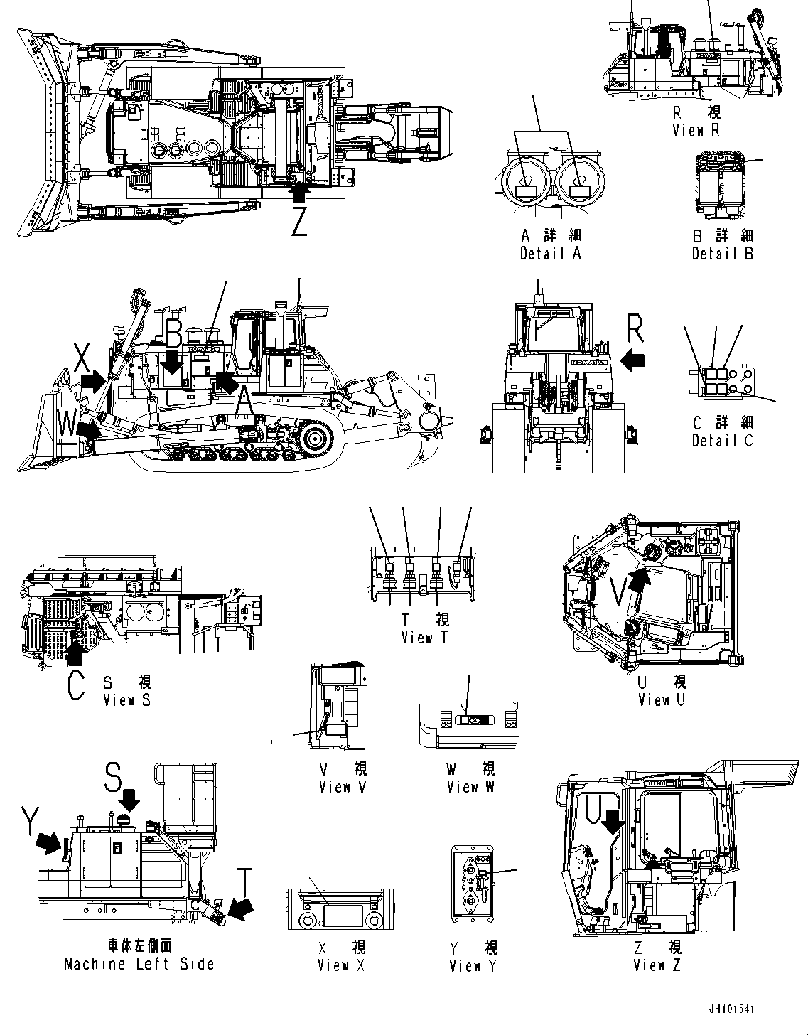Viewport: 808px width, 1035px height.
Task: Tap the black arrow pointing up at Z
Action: [x=300, y=191]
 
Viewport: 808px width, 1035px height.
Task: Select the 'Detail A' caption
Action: [x=550, y=254]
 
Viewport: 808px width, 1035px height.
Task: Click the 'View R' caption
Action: [x=696, y=130]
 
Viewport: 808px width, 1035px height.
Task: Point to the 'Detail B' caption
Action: [x=723, y=253]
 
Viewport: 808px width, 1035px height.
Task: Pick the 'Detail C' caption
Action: [x=723, y=440]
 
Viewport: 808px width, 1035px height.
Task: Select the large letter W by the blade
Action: [x=68, y=425]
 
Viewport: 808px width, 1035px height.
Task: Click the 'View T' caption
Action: [x=425, y=638]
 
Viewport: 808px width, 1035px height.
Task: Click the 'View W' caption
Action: [x=470, y=787]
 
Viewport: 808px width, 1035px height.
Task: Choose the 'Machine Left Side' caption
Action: [x=139, y=964]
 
